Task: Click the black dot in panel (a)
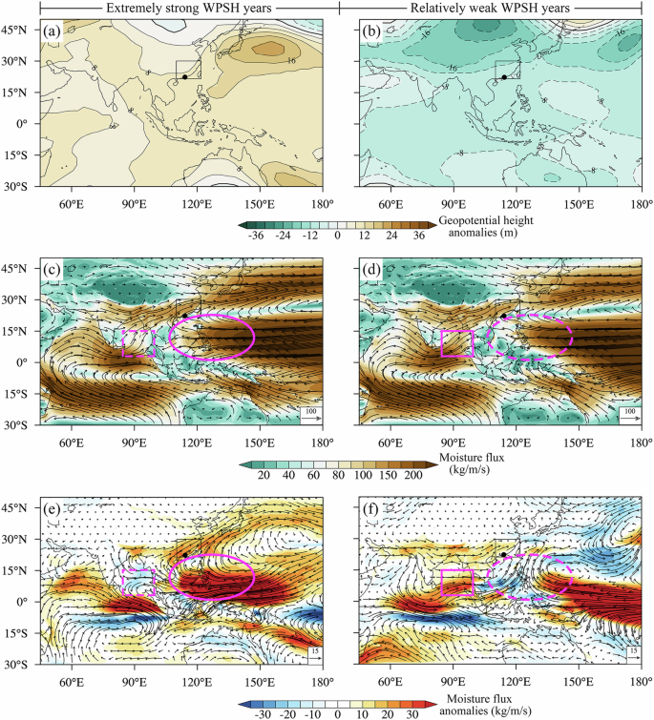[x=184, y=77]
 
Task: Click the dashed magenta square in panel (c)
[x=139, y=343]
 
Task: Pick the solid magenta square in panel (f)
[x=457, y=582]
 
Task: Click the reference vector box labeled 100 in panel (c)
[x=311, y=412]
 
